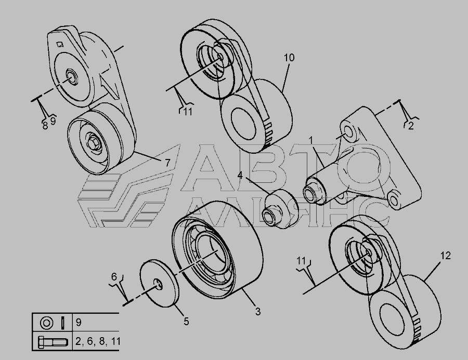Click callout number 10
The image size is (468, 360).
289,58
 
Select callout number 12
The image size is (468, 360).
445,256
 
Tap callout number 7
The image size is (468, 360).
167,163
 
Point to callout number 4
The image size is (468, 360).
240,176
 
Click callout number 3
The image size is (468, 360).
258,312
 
